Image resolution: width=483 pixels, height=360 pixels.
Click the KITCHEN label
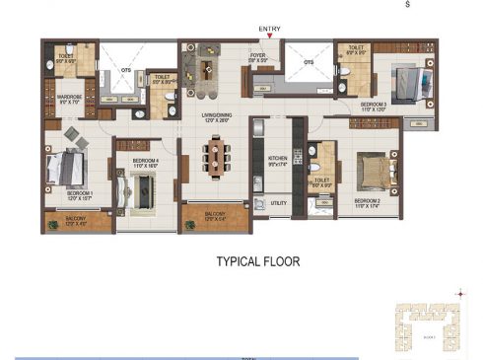(278, 158)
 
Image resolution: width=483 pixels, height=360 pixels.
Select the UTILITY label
(278, 203)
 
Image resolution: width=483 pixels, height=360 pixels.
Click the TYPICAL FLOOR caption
(257, 262)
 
